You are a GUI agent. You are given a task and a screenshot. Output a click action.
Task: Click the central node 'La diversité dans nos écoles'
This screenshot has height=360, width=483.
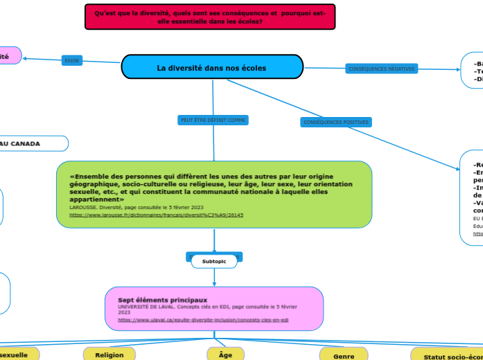pyautogui.click(x=212, y=68)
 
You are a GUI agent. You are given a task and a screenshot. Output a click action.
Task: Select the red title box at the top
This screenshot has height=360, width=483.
pyautogui.click(x=210, y=17)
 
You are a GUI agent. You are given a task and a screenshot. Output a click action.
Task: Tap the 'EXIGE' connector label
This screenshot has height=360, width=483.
pyautogui.click(x=72, y=61)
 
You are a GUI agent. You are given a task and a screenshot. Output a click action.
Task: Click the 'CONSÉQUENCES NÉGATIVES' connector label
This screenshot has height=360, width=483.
pyautogui.click(x=381, y=69)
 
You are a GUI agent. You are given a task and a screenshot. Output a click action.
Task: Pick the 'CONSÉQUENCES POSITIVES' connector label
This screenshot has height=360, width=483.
pyautogui.click(x=336, y=123)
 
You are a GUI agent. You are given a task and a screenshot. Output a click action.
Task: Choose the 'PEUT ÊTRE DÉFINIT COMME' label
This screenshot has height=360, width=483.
pyautogui.click(x=213, y=120)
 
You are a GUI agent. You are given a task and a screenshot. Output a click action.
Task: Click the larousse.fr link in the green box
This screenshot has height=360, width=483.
pyautogui.click(x=157, y=215)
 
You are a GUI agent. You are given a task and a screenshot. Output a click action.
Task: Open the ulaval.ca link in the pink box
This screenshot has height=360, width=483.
pyautogui.click(x=203, y=321)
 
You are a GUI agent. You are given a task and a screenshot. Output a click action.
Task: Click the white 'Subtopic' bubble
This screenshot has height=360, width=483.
pyautogui.click(x=214, y=262)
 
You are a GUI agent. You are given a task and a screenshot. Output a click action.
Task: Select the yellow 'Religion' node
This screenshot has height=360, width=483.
pyautogui.click(x=109, y=354)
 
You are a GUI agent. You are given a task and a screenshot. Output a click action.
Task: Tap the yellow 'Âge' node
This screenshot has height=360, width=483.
pyautogui.click(x=225, y=354)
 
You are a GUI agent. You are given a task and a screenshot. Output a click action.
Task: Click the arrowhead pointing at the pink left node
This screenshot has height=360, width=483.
pyautogui.click(x=25, y=59)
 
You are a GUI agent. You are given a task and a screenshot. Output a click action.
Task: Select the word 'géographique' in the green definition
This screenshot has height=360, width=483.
pyautogui.click(x=94, y=184)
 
